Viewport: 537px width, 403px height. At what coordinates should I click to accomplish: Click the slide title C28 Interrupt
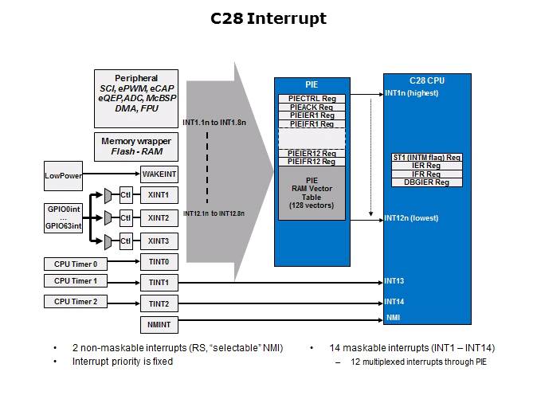pyautogui.click(x=268, y=18)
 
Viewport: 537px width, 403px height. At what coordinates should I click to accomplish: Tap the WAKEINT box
pyautogui.click(x=159, y=174)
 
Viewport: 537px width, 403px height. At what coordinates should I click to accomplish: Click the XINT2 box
pyautogui.click(x=159, y=217)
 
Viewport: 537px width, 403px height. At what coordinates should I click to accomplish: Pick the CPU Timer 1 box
pyautogui.click(x=75, y=281)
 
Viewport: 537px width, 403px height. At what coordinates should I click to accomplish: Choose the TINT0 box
pyautogui.click(x=159, y=262)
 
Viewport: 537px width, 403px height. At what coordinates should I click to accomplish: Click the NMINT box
pyautogui.click(x=159, y=325)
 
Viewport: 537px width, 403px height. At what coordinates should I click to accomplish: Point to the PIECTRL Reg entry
pyautogui.click(x=312, y=98)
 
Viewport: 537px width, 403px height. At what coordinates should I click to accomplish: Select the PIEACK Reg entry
pyautogui.click(x=312, y=107)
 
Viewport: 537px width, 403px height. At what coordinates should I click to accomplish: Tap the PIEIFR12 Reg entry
pyautogui.click(x=312, y=162)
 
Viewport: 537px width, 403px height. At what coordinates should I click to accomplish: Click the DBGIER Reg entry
pyautogui.click(x=427, y=182)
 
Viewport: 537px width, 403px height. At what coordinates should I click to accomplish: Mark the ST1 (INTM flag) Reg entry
pyautogui.click(x=427, y=158)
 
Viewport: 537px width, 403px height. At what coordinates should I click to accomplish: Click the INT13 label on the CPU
pyautogui.click(x=394, y=280)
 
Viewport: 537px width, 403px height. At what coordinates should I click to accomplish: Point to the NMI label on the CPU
pyautogui.click(x=393, y=317)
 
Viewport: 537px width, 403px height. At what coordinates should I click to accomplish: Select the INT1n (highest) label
pyautogui.click(x=411, y=93)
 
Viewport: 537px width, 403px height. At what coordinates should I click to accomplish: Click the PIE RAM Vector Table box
pyautogui.click(x=312, y=194)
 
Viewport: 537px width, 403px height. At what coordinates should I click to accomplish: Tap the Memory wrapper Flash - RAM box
pyautogui.click(x=135, y=147)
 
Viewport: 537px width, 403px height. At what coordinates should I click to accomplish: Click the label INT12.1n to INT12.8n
pyautogui.click(x=214, y=213)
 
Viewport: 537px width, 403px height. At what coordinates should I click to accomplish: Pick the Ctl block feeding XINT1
pyautogui.click(x=126, y=195)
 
